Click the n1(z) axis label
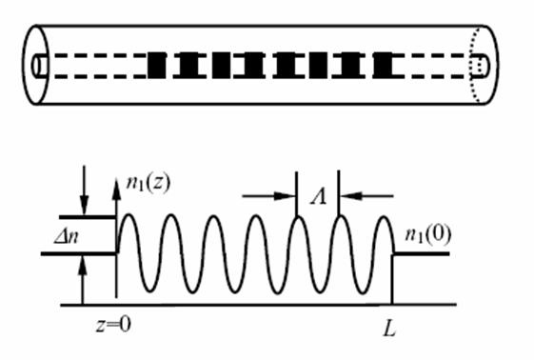point(148,184)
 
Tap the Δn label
point(67,235)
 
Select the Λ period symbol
point(318,196)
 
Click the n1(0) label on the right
point(428,234)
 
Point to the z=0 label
point(113,324)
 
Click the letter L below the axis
point(389,329)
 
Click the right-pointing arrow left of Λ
point(269,196)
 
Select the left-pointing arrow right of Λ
point(366,196)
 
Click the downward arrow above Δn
point(84,190)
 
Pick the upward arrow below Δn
point(82,280)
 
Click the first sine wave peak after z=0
point(129,215)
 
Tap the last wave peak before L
point(384,217)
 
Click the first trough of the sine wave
point(149,291)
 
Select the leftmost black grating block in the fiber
point(157,65)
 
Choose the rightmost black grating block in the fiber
point(384,65)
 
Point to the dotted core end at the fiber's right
point(480,65)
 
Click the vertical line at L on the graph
point(393,279)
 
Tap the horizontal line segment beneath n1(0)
point(422,253)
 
